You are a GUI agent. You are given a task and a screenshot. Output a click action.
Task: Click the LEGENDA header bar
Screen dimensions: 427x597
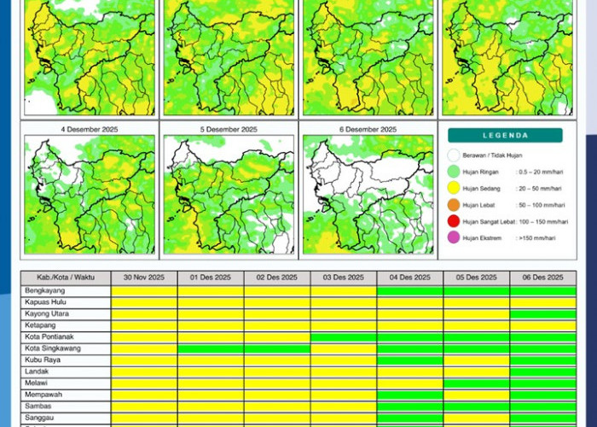click(x=505, y=135)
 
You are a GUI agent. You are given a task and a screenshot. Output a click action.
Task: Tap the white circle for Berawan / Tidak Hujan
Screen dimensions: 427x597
click(x=454, y=155)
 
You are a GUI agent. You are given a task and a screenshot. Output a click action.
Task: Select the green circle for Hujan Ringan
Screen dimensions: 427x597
click(x=454, y=172)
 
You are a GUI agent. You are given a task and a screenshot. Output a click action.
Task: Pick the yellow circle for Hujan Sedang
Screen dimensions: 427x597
click(x=454, y=188)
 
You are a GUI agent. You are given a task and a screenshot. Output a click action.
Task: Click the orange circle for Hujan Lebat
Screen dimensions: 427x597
click(x=454, y=205)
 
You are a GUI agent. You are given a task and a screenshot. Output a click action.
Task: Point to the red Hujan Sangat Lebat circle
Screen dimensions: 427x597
click(x=454, y=221)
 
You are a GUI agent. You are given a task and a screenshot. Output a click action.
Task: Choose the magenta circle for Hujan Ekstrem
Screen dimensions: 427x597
click(x=454, y=237)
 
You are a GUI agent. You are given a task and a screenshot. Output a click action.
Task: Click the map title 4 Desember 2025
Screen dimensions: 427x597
click(x=89, y=129)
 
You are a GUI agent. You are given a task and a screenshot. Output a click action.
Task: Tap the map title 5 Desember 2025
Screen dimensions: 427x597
click(x=228, y=129)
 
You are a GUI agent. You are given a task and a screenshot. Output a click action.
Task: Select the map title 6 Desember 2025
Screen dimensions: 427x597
click(x=368, y=129)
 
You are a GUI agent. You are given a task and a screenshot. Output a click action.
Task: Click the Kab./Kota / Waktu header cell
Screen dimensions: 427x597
click(x=66, y=278)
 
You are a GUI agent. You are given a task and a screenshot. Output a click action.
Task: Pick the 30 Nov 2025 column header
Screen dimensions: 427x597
click(x=144, y=278)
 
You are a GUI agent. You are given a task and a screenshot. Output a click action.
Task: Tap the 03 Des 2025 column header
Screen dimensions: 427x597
click(x=344, y=278)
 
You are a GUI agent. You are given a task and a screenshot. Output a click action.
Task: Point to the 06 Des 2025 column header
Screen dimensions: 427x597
click(x=543, y=278)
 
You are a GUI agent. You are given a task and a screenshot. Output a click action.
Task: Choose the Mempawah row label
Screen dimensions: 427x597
click(x=43, y=395)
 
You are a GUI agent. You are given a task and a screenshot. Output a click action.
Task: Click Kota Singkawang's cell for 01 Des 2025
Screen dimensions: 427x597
click(x=211, y=348)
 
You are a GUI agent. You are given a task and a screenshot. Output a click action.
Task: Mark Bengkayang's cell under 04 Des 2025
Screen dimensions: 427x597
click(x=410, y=291)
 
